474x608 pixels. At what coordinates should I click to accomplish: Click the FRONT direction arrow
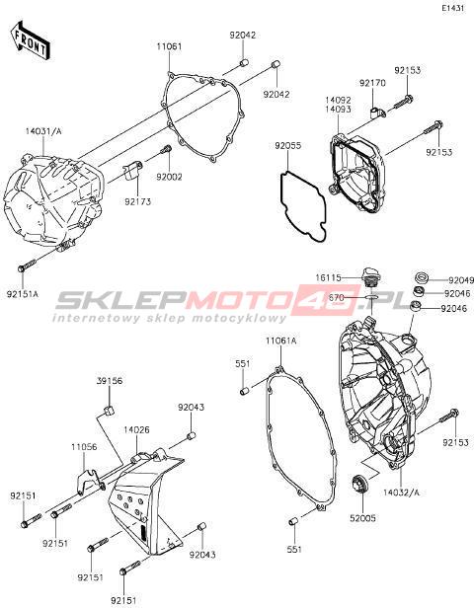(30, 40)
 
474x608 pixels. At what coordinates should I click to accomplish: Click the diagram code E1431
(454, 9)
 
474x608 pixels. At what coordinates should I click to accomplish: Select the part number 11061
(169, 47)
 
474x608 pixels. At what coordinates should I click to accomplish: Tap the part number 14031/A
(43, 131)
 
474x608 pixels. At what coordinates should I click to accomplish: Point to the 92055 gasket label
(287, 146)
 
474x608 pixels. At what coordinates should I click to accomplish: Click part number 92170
(372, 83)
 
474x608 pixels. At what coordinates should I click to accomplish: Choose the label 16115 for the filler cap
(328, 277)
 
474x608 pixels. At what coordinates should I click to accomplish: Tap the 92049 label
(461, 280)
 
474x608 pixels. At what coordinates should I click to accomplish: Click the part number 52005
(362, 518)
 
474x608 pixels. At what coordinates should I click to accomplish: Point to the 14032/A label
(401, 493)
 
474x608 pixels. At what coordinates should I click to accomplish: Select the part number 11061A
(280, 341)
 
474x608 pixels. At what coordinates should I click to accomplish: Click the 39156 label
(110, 381)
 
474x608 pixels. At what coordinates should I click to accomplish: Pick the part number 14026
(136, 430)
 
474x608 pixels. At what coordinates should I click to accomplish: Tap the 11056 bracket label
(84, 447)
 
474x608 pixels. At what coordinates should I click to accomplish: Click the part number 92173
(137, 201)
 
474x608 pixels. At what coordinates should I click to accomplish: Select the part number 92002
(169, 177)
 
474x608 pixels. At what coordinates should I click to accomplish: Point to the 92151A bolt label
(23, 294)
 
